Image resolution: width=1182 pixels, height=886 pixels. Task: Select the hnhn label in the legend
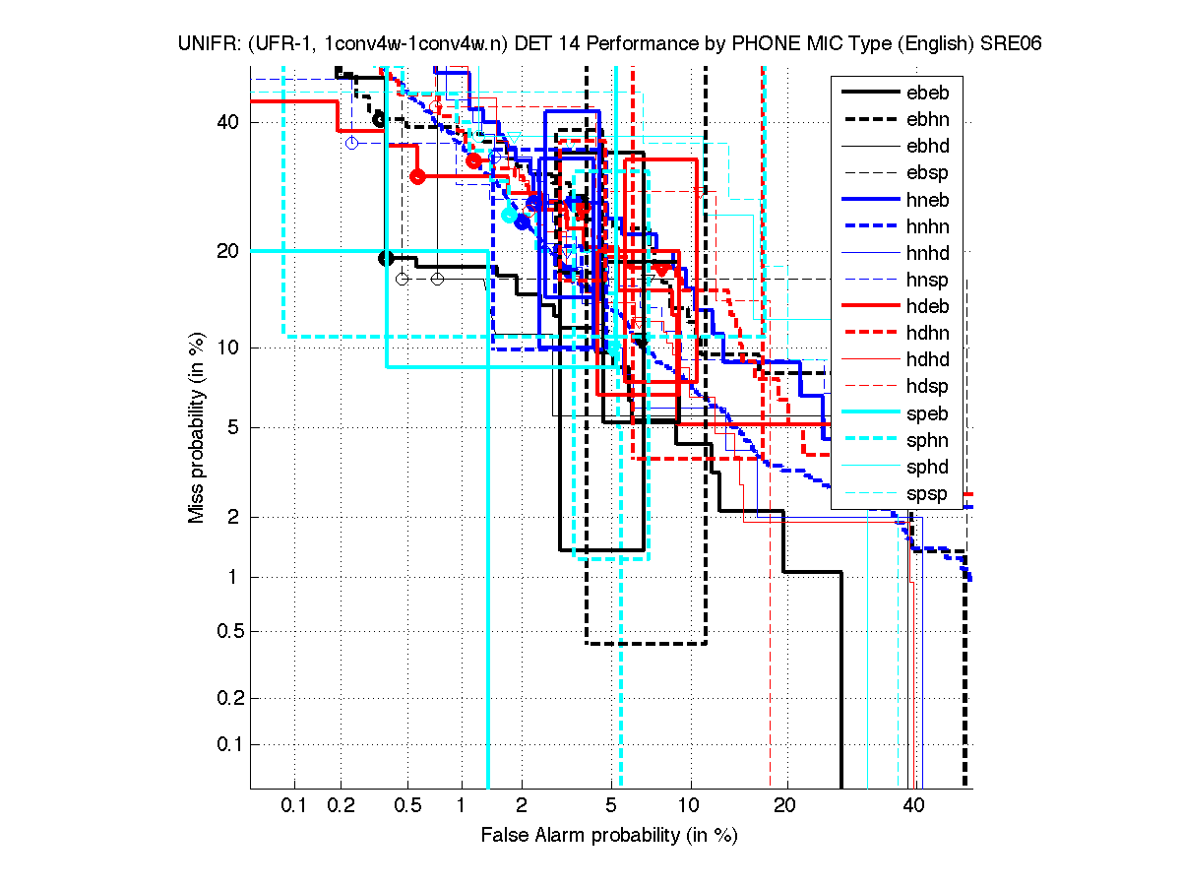(929, 226)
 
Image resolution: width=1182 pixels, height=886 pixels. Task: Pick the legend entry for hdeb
(929, 307)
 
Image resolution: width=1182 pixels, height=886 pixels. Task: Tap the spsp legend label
(929, 494)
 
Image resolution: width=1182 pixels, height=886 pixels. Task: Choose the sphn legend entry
(929, 441)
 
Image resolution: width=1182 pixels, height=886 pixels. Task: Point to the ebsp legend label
(929, 173)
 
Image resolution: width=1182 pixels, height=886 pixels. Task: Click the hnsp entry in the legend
(929, 281)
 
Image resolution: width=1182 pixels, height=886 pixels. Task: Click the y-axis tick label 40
(226, 122)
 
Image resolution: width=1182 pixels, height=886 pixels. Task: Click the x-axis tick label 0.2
(341, 805)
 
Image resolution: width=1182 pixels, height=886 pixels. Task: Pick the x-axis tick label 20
(783, 805)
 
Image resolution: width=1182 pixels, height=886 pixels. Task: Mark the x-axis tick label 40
(913, 805)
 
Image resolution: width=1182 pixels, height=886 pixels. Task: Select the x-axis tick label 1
(461, 805)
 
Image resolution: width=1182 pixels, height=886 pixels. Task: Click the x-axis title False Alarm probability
(608, 835)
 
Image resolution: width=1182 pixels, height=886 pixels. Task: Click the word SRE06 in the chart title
(1013, 43)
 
